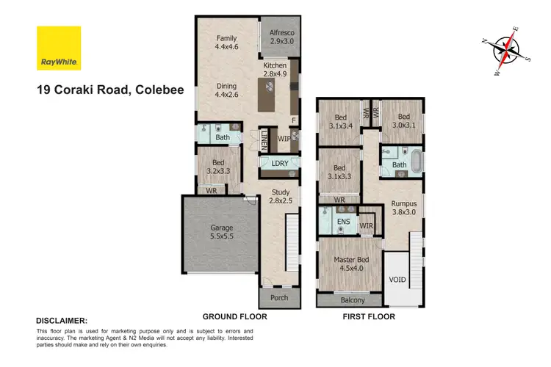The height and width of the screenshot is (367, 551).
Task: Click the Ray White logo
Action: pos(59,48)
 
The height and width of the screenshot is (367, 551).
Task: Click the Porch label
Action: pos(279,298)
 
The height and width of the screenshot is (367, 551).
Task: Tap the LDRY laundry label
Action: pos(279,163)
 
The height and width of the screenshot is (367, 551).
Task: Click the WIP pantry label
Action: pos(284,138)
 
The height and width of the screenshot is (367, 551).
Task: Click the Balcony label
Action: pos(350,299)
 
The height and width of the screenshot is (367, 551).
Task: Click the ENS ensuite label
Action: pos(342,219)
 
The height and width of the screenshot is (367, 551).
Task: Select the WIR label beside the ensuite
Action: pos(367,225)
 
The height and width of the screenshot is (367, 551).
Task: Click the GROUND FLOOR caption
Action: pos(235,317)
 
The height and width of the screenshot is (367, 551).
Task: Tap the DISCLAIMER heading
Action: pos(62,321)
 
